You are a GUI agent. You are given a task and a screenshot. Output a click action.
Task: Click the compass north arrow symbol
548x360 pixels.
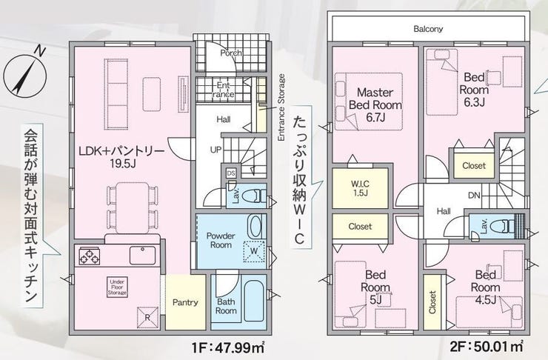[25, 76]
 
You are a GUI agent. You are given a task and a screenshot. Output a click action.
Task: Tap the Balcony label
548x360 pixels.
[428, 29]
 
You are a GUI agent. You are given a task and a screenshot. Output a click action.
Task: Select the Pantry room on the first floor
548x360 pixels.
[185, 302]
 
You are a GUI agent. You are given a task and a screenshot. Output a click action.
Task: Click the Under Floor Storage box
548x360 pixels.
[117, 287]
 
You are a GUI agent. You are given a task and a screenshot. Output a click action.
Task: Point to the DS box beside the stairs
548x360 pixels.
[231, 173]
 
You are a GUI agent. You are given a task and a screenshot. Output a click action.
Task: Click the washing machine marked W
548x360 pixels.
[254, 251]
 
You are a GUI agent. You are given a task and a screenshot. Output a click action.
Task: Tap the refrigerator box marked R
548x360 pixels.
[147, 318]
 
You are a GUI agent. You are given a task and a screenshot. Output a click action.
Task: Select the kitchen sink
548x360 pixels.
[143, 255]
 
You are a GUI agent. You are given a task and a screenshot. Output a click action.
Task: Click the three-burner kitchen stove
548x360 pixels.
[89, 256]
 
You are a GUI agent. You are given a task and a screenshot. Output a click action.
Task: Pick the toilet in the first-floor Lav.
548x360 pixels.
[256, 196]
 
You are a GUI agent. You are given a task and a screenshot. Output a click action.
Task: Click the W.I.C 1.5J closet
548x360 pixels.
[360, 188]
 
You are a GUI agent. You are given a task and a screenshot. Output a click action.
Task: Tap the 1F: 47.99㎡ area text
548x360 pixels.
[228, 347]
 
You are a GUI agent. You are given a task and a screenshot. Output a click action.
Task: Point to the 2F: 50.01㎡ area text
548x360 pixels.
[486, 347]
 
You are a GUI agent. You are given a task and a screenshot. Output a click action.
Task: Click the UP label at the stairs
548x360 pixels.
[216, 150]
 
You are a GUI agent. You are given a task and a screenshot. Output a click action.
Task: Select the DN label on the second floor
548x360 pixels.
[474, 196]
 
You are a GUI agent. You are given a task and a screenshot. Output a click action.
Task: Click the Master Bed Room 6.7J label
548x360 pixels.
[375, 105]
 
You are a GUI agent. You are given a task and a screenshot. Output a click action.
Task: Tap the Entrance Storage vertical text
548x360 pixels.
[281, 107]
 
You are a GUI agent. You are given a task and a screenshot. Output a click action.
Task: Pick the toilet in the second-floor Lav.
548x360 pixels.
[502, 226]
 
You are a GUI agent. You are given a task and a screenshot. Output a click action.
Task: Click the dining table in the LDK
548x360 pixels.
[132, 208]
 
